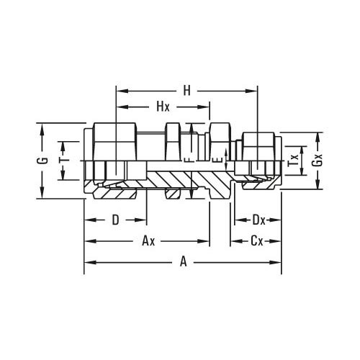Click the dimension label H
(x=187, y=91)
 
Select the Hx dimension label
(x=163, y=107)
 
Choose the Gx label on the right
(x=317, y=161)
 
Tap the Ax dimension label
(x=148, y=241)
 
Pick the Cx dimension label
(x=256, y=241)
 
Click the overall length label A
(x=183, y=263)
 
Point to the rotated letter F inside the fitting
(x=188, y=160)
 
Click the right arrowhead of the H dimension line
(x=253, y=91)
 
